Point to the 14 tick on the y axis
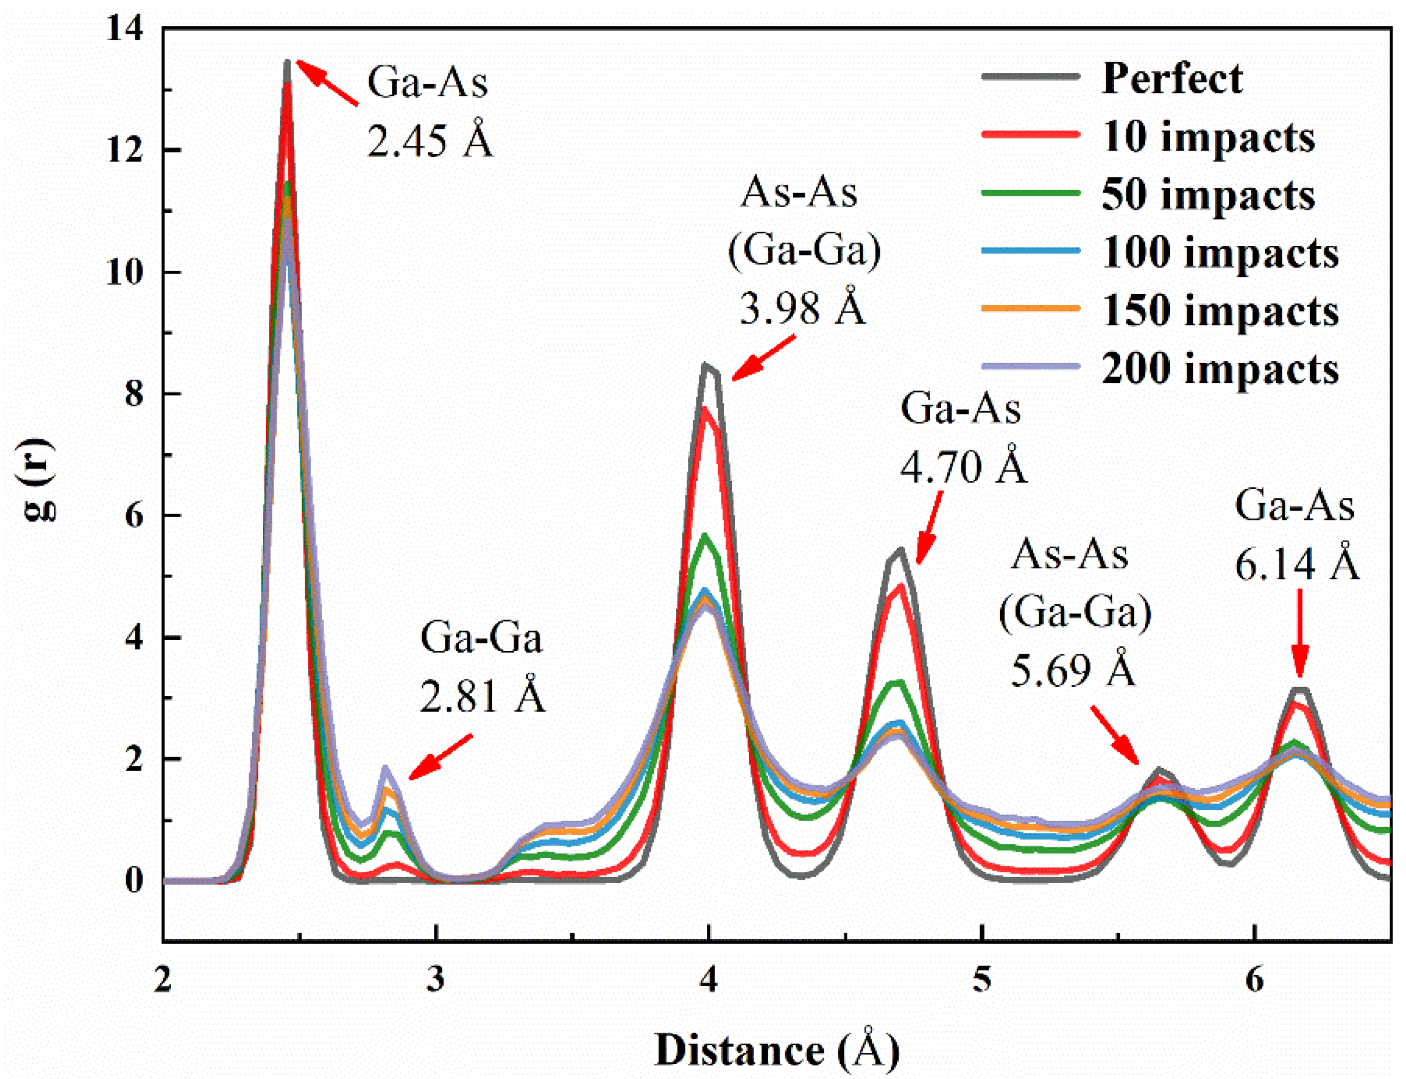coord(125,29)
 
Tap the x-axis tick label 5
coord(980,980)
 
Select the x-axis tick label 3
coord(436,980)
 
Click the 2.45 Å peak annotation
coord(429,139)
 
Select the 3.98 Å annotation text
coord(802,308)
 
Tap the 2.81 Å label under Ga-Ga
coord(482,696)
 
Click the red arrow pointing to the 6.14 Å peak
coord(1299,633)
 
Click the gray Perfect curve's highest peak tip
coord(287,61)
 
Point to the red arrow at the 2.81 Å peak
coord(441,757)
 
